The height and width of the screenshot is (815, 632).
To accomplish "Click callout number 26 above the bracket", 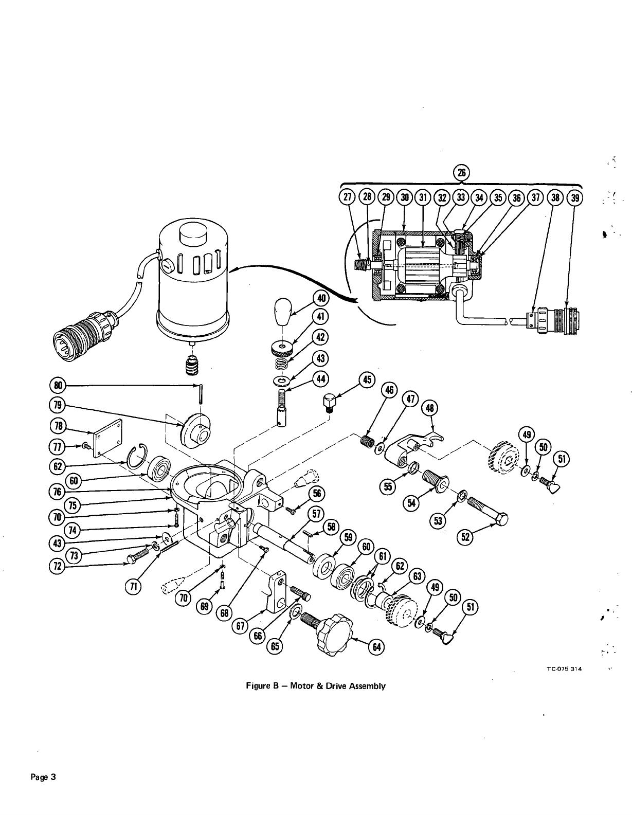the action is tap(461, 173).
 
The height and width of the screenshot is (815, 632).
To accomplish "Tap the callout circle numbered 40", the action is tap(321, 299).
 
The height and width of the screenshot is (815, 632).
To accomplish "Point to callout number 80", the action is tap(58, 385).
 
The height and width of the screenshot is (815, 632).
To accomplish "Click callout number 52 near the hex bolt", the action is tap(465, 537).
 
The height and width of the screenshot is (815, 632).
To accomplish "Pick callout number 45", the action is tap(367, 380).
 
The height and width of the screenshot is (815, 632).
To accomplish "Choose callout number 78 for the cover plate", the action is tap(58, 426).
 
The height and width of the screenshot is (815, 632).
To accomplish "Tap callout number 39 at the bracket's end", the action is tap(574, 197).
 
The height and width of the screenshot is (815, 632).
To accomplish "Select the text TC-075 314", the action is tap(563, 669).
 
